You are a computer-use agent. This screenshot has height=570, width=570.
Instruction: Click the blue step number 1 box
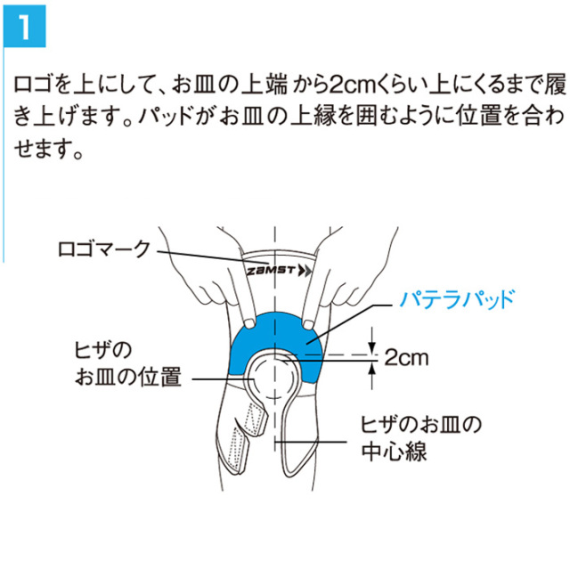click(25, 26)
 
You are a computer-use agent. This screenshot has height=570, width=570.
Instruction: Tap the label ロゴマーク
click(104, 249)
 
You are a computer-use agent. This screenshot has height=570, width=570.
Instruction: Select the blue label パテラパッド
click(457, 299)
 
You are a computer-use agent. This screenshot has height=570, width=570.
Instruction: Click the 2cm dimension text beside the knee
click(407, 358)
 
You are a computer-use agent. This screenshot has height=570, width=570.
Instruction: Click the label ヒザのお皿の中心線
click(421, 437)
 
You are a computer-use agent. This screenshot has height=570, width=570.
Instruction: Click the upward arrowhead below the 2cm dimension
click(371, 369)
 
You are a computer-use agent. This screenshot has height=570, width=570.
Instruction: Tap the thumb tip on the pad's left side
click(249, 323)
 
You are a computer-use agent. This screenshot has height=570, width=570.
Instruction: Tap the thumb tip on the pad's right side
click(309, 324)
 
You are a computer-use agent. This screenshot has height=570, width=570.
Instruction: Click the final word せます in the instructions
click(41, 149)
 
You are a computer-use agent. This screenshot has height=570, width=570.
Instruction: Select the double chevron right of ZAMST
click(305, 271)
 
